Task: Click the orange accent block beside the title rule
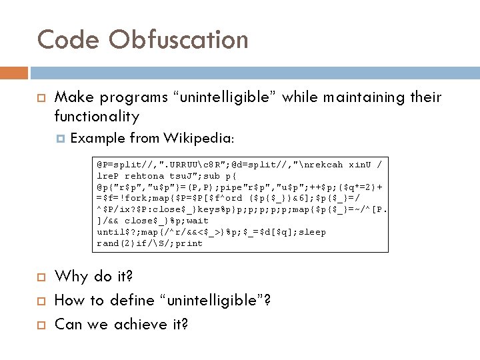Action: [x=14, y=73]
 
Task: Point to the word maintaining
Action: [x=354, y=98]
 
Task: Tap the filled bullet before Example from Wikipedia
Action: [x=61, y=139]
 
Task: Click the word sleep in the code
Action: [x=312, y=232]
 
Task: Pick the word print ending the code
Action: [x=189, y=243]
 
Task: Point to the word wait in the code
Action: [x=197, y=221]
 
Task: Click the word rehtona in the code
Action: [x=145, y=175]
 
